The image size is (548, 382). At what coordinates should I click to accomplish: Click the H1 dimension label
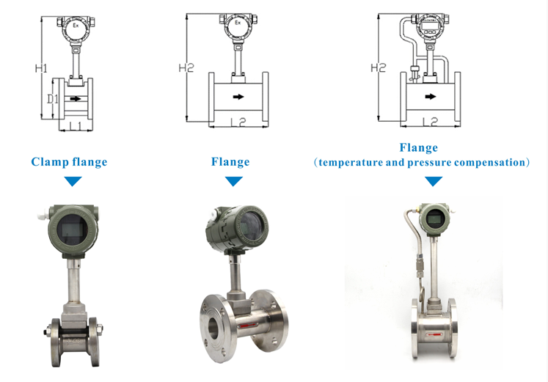point(41,68)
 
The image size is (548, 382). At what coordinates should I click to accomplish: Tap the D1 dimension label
point(53,99)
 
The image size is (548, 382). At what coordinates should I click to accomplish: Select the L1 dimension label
point(76,125)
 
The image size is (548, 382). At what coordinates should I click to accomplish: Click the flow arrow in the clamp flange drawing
point(76,99)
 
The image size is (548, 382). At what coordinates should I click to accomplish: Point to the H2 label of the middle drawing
point(186,67)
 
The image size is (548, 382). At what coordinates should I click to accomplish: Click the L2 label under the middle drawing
point(238,122)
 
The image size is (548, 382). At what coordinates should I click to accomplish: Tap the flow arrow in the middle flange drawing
point(238,97)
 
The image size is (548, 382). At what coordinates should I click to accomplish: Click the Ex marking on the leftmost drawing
point(76,25)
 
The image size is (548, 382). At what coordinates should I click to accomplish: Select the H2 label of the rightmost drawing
point(378,67)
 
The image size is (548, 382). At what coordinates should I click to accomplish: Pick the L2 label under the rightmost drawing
point(430,122)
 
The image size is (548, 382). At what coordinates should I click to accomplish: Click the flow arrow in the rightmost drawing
point(431,96)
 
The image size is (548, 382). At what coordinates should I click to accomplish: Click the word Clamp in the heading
point(50,162)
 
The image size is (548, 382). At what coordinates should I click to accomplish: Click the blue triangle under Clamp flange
point(73,181)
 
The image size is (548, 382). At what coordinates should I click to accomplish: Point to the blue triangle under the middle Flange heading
point(234,181)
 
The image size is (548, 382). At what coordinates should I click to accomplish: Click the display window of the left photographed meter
point(73,229)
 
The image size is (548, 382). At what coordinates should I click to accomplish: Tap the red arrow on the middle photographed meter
point(248,326)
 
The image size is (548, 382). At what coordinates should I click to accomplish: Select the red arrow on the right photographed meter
point(434,334)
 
